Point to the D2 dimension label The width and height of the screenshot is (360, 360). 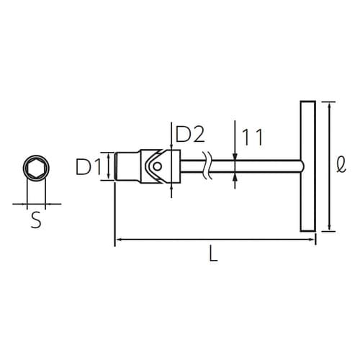pyautogui.click(x=190, y=134)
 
